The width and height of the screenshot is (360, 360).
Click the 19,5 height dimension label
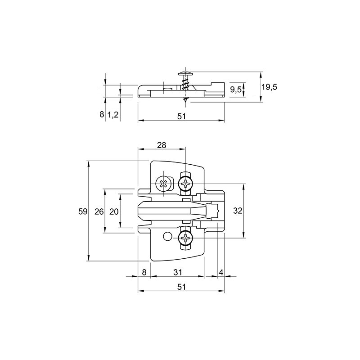269,87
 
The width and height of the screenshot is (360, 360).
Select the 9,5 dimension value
236,90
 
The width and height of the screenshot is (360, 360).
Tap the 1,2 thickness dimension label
113,114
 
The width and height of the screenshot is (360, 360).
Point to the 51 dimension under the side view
181,116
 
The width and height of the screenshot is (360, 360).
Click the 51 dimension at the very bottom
181,287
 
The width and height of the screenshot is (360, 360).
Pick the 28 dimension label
162,145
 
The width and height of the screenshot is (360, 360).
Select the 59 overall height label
83,211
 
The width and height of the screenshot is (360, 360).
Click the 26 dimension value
99,211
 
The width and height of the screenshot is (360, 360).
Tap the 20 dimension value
114,211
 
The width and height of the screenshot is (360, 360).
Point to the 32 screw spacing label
238,211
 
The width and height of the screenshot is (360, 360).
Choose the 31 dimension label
178,272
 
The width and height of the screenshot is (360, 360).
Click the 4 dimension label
221,273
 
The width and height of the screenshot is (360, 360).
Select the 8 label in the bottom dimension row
144,272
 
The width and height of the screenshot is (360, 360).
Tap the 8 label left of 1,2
102,114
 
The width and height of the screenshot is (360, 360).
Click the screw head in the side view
185,74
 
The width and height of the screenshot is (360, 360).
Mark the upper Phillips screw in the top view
185,184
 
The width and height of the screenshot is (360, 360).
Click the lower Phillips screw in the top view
185,238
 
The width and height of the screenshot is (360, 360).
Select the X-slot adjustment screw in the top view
163,184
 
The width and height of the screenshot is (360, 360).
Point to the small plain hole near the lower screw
167,236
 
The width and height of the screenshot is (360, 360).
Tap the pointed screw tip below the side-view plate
185,100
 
